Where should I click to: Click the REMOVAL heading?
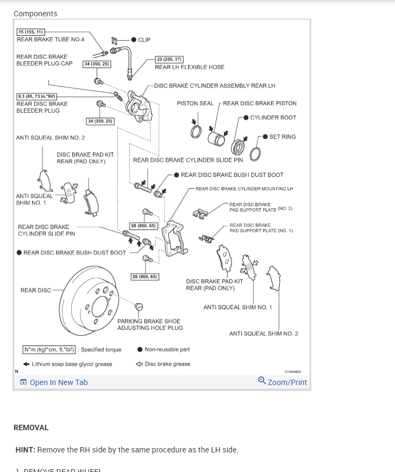(31, 427)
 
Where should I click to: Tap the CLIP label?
(145, 40)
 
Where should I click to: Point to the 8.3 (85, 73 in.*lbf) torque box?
(37, 96)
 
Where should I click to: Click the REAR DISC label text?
(36, 290)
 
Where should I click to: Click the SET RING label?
(283, 137)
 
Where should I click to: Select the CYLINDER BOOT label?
(273, 117)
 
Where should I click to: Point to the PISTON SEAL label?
(195, 103)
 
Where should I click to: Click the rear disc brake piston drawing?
(218, 138)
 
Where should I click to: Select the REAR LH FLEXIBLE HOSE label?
(190, 67)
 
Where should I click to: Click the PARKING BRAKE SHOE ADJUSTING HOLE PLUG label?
(150, 324)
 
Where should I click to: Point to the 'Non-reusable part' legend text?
(167, 350)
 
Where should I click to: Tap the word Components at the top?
(35, 14)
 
